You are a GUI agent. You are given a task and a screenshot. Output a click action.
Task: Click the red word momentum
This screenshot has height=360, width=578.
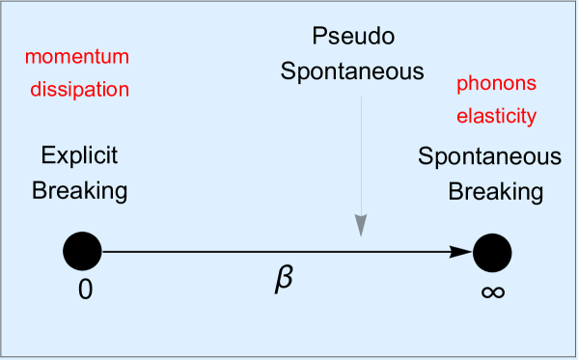tap(77, 57)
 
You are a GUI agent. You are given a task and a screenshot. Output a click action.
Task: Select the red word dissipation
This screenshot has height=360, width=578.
tap(77, 91)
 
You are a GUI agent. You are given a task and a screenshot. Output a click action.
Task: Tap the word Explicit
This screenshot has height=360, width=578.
tap(79, 156)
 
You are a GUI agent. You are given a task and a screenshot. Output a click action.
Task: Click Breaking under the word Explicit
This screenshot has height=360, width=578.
tap(79, 191)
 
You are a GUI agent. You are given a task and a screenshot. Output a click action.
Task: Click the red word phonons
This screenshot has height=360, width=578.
tap(496, 84)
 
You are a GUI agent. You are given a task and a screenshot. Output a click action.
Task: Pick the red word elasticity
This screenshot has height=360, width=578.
tap(496, 117)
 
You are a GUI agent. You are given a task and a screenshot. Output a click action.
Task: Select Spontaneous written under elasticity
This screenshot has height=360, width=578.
tap(490, 156)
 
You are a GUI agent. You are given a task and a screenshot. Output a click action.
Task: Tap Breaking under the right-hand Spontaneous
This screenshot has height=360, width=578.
tap(495, 191)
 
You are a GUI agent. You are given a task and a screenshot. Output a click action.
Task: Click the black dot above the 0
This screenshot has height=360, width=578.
tap(83, 252)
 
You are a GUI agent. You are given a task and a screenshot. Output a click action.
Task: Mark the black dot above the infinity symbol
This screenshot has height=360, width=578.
tap(492, 252)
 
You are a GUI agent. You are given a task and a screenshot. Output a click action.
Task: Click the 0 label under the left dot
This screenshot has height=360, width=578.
tap(85, 289)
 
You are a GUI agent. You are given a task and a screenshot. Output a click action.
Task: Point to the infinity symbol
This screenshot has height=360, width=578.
tap(492, 290)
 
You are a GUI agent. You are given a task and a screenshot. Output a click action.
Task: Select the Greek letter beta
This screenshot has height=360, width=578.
tap(283, 279)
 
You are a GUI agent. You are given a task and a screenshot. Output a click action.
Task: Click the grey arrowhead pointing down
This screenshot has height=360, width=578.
tap(361, 225)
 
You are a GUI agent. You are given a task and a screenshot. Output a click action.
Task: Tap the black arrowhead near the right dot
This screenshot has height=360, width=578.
tap(463, 252)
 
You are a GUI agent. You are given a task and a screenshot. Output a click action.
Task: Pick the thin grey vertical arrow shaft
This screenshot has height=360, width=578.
tap(361, 154)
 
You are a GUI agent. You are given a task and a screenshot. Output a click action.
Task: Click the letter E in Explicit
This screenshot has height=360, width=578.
tap(47, 155)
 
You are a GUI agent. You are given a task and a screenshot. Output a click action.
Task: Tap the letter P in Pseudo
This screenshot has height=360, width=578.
tap(319, 38)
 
